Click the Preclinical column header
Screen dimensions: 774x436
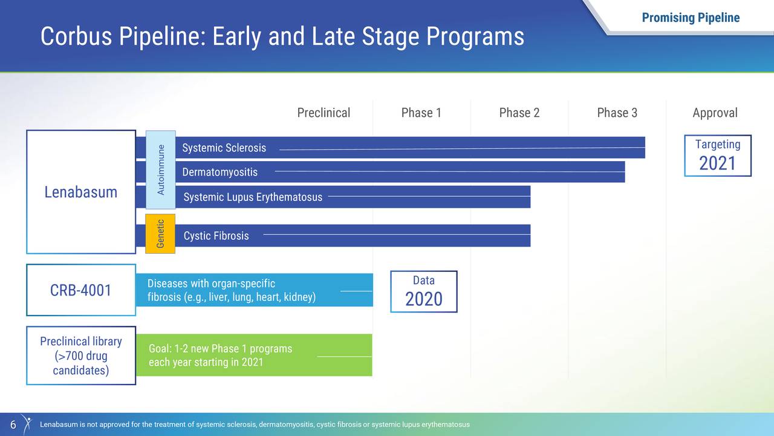[324, 113]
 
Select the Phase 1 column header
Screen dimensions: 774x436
[421, 113]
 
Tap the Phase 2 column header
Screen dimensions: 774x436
[519, 113]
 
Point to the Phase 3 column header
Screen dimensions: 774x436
[617, 113]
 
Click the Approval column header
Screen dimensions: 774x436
[715, 113]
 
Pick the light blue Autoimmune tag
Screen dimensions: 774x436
[161, 170]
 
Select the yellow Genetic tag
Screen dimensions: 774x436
[160, 234]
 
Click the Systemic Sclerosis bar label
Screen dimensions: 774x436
[224, 148]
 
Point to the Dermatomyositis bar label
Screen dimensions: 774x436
[220, 173]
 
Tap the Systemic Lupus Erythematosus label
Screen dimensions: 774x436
[253, 197]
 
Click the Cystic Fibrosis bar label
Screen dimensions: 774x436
[216, 236]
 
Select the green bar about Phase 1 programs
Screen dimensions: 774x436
[254, 355]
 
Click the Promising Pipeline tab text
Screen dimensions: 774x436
[691, 18]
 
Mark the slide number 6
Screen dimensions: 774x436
[13, 424]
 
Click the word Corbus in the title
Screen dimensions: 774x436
[76, 36]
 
